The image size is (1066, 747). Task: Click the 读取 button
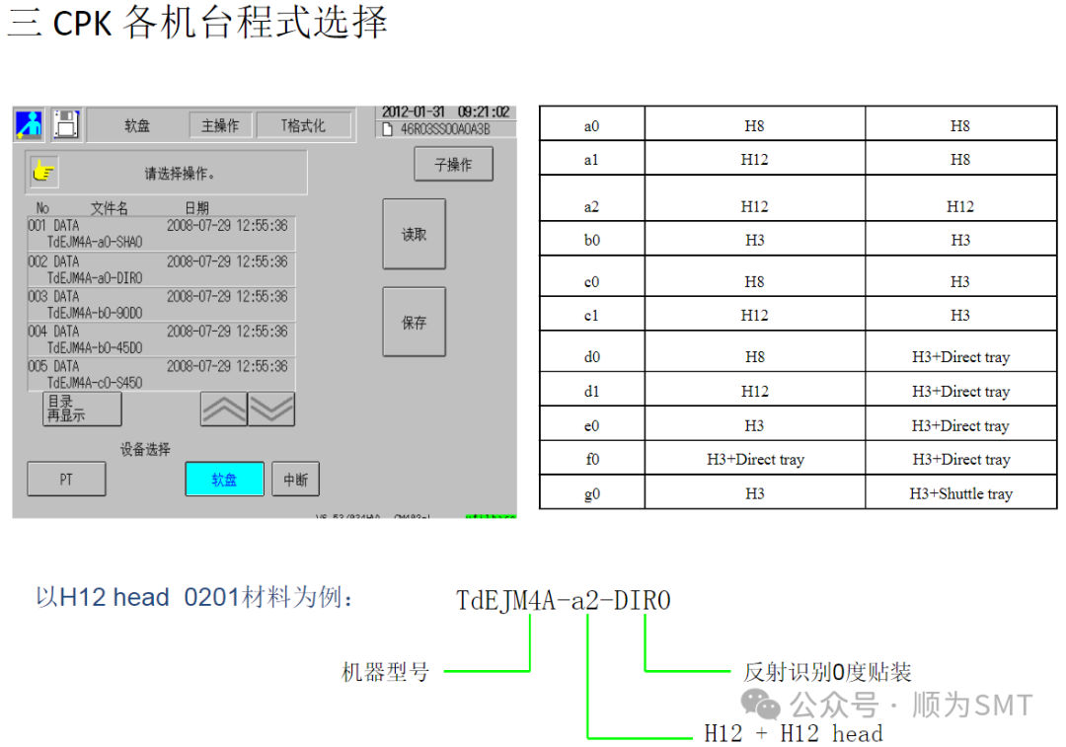coord(414,235)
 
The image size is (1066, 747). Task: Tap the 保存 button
coord(414,322)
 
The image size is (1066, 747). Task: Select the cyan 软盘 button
coord(224,480)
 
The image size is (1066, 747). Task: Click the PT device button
coord(66,480)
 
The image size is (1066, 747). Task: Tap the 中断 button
coord(295,480)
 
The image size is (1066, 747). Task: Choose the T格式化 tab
coord(303,125)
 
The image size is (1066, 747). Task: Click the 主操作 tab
coord(220,125)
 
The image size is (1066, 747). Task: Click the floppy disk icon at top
coord(66,124)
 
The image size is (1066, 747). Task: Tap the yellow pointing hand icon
coord(43,173)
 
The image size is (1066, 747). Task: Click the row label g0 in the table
coord(591,493)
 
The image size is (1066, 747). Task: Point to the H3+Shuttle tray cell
coord(960,493)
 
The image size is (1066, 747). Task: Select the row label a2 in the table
coord(591,206)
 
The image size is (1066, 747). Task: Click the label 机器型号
coord(385,673)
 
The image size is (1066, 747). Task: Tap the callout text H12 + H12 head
coord(793,733)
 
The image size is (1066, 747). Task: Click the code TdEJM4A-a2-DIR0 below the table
coord(564,600)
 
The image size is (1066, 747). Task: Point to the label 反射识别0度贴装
coord(827,673)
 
